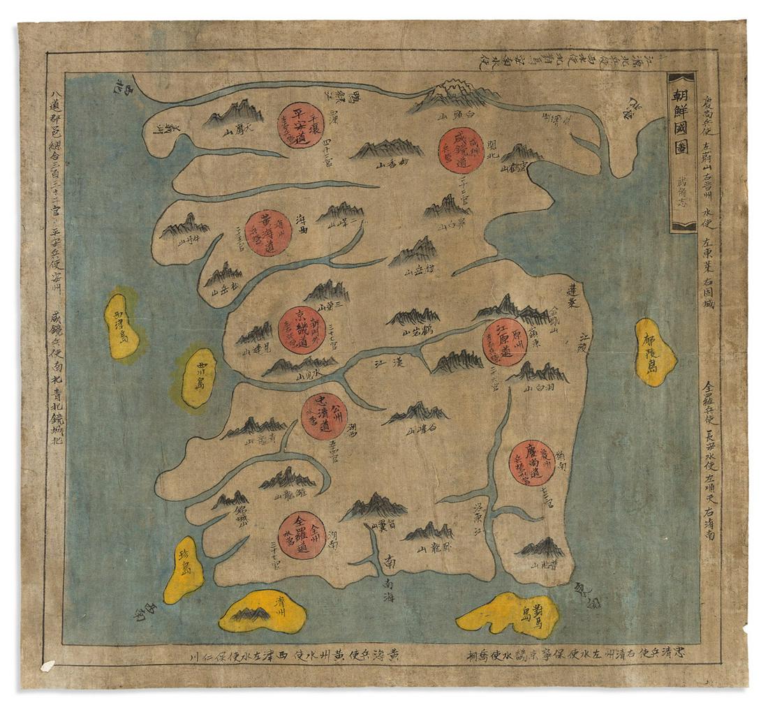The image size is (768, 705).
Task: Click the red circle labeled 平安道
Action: (x=301, y=126)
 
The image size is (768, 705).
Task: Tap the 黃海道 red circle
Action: (x=268, y=232)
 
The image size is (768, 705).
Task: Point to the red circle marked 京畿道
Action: (x=302, y=330)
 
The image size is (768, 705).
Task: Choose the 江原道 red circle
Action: (x=505, y=342)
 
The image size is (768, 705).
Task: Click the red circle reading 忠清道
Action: (x=324, y=416)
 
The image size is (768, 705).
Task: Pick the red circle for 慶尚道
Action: (x=532, y=463)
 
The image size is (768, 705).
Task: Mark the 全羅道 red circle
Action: (x=302, y=536)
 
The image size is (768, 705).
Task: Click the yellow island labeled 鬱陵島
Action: (x=655, y=352)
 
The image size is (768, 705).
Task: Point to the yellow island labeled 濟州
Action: (x=263, y=611)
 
